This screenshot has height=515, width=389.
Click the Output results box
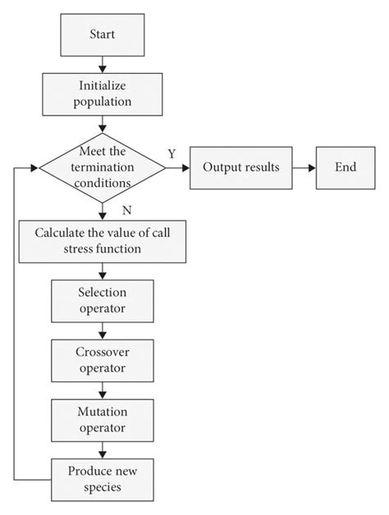point(240,166)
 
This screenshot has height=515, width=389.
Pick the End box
point(346,166)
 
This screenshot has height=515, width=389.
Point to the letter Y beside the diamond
point(172,153)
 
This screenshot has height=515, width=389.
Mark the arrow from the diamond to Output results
point(177,166)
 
